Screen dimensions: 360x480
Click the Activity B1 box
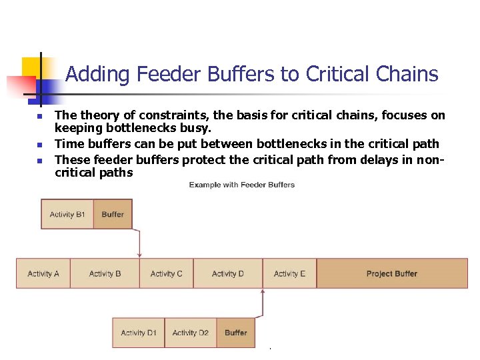pyautogui.click(x=67, y=215)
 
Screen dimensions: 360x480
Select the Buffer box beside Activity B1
pyautogui.click(x=113, y=215)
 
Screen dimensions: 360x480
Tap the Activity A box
pyautogui.click(x=43, y=273)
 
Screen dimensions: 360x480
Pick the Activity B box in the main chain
pyautogui.click(x=105, y=273)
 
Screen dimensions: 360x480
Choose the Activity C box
pyautogui.click(x=167, y=273)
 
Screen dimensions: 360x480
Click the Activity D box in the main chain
pyautogui.click(x=227, y=273)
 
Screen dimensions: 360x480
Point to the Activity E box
pyautogui.click(x=289, y=273)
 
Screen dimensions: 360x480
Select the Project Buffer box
pyautogui.click(x=392, y=273)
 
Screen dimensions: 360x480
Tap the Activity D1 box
pyautogui.click(x=139, y=333)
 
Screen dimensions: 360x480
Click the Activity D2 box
pyautogui.click(x=190, y=333)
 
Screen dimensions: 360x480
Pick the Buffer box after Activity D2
pyautogui.click(x=235, y=333)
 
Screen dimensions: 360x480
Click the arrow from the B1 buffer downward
pyautogui.click(x=139, y=244)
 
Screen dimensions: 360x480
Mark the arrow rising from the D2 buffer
pyautogui.click(x=263, y=303)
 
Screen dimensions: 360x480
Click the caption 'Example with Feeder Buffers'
pyautogui.click(x=241, y=185)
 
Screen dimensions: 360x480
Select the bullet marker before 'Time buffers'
pyautogui.click(x=39, y=145)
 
